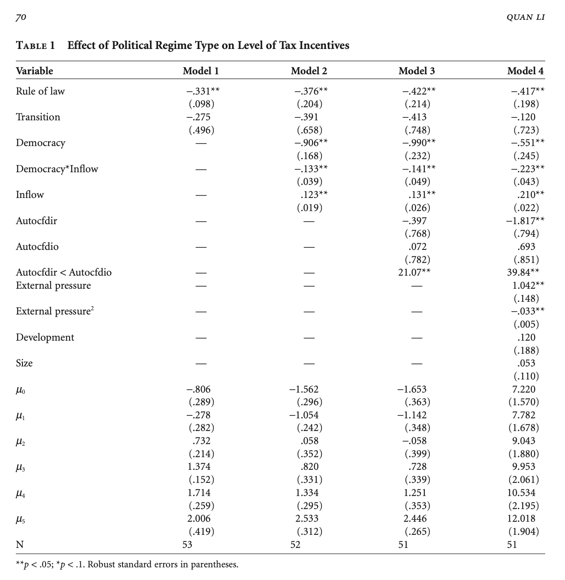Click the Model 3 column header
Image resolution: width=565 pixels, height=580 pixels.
(416, 71)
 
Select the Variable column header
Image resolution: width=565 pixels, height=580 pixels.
(35, 71)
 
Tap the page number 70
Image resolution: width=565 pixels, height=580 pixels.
(21, 18)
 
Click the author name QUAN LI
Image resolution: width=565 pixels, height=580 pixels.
(525, 18)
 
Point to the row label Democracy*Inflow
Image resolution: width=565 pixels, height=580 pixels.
(57, 169)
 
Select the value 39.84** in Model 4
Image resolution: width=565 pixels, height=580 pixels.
(523, 272)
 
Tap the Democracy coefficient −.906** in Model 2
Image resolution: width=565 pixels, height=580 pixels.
(311, 143)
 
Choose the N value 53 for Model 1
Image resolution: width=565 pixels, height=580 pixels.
(187, 545)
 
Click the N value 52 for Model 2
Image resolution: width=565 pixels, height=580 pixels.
(296, 545)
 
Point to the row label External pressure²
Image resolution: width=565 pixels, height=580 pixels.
(55, 311)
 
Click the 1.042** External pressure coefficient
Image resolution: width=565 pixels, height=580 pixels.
(525, 285)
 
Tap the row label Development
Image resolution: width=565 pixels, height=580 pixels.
(45, 337)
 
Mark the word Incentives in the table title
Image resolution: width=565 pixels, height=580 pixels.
(324, 45)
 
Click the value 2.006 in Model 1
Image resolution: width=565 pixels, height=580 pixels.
(199, 518)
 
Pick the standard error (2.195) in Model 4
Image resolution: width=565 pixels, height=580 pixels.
(524, 505)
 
